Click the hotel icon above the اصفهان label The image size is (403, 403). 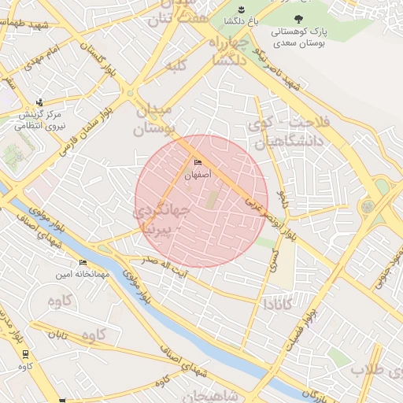(197, 163)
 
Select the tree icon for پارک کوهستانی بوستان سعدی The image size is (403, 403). (298, 18)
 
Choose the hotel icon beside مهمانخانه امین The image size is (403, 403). (83, 263)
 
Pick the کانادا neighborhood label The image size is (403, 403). (279, 303)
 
